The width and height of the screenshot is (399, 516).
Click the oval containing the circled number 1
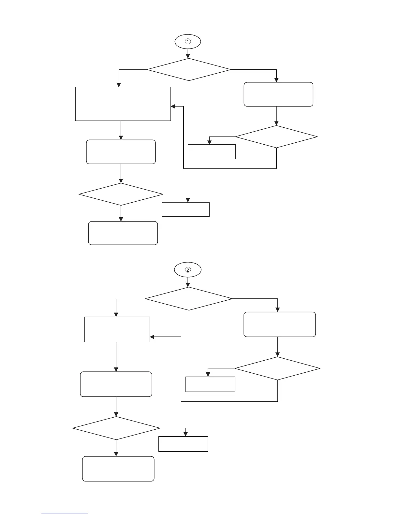[188, 42]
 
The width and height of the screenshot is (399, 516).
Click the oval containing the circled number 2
[188, 269]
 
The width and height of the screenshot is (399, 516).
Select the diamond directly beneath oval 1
[189, 69]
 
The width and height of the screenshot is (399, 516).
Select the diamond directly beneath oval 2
[188, 298]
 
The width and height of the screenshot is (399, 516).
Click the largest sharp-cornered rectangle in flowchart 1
[123, 104]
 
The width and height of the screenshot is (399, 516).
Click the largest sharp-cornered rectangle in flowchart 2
[117, 329]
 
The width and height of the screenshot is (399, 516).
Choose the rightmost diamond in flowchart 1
[276, 136]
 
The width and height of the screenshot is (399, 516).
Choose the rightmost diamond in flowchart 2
[277, 368]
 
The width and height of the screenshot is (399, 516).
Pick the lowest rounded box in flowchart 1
[123, 233]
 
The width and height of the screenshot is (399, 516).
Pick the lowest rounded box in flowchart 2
[118, 469]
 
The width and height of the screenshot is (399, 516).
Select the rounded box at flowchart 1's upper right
[278, 94]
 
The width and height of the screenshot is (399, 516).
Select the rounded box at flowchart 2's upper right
[280, 324]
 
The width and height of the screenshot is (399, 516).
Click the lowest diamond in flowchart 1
[121, 194]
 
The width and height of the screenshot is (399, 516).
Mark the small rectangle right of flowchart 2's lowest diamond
[183, 444]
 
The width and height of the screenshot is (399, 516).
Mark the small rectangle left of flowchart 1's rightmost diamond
[212, 152]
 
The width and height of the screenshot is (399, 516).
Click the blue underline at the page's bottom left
[65, 513]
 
